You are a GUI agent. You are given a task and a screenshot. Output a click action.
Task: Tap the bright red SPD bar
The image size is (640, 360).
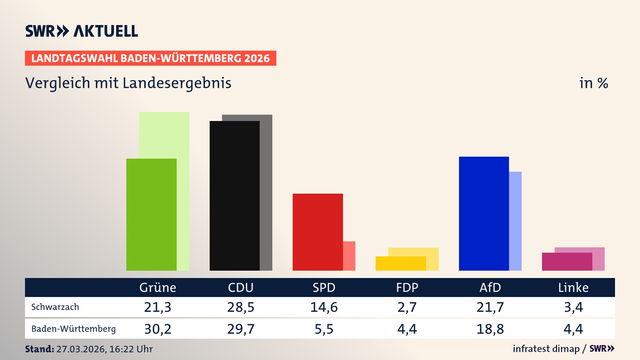pyautogui.click(x=317, y=232)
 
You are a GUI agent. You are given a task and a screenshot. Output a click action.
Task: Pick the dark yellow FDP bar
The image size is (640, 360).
pyautogui.click(x=400, y=263)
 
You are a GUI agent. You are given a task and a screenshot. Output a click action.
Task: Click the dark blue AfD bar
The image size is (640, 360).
pyautogui.click(x=484, y=213)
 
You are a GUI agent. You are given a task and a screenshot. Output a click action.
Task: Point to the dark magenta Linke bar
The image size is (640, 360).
pyautogui.click(x=567, y=262)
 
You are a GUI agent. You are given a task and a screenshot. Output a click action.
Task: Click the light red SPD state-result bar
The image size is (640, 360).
pyautogui.click(x=349, y=256)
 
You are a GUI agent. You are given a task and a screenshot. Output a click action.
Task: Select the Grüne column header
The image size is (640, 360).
pyautogui.click(x=158, y=287)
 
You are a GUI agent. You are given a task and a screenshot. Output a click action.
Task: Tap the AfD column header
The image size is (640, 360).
pyautogui.click(x=490, y=287)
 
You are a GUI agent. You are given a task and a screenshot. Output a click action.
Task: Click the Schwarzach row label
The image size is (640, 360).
pyautogui.click(x=55, y=307)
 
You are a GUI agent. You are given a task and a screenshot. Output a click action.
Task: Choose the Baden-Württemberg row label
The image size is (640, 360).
pyautogui.click(x=73, y=329)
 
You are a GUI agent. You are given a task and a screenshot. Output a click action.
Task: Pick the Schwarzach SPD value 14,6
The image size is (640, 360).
pyautogui.click(x=324, y=307)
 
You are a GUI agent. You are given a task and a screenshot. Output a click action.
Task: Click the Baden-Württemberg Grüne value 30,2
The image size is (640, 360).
pyautogui.click(x=158, y=329)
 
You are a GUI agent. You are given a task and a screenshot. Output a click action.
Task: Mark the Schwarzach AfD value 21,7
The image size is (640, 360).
pyautogui.click(x=490, y=307)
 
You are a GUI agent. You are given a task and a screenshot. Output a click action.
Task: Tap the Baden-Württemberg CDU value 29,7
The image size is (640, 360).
pyautogui.click(x=241, y=329)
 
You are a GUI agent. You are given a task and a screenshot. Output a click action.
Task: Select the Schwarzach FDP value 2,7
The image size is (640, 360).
pyautogui.click(x=407, y=307)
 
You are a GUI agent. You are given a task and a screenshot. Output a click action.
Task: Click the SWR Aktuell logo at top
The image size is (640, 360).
pyautogui.click(x=81, y=31)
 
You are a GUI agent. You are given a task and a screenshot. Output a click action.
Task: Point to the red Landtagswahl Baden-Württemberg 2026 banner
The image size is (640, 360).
pyautogui.click(x=150, y=58)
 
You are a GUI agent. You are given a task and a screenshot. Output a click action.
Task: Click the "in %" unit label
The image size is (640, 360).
pyautogui.click(x=593, y=83)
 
